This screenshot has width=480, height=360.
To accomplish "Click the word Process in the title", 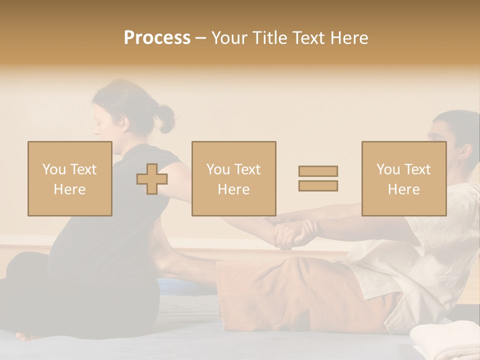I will click(x=157, y=38).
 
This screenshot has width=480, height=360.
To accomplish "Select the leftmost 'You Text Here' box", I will click(x=69, y=178).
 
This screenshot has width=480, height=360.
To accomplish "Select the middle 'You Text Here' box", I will click(x=233, y=178).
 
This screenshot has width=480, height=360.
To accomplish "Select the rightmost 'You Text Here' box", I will click(x=403, y=178).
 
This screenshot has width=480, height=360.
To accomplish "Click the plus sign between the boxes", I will click(x=152, y=179).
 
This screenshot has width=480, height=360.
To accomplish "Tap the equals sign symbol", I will click(x=318, y=178).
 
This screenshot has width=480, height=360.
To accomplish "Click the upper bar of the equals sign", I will click(x=318, y=171).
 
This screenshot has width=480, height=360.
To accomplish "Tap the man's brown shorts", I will click(x=300, y=295).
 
